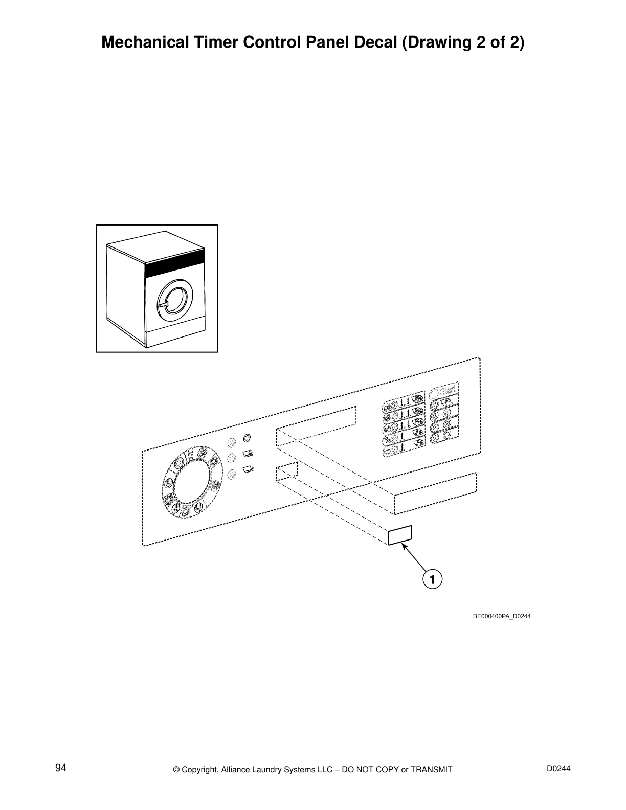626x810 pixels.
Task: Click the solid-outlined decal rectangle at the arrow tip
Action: [x=400, y=535]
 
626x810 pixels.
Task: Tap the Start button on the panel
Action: [x=444, y=391]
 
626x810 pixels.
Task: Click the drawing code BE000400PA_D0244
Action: [x=501, y=616]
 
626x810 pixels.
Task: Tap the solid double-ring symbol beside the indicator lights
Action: [x=248, y=438]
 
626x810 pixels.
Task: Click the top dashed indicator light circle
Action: [x=231, y=441]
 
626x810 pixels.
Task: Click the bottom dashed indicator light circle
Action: [x=231, y=475]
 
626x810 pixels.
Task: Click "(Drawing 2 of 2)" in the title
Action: [x=463, y=42]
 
